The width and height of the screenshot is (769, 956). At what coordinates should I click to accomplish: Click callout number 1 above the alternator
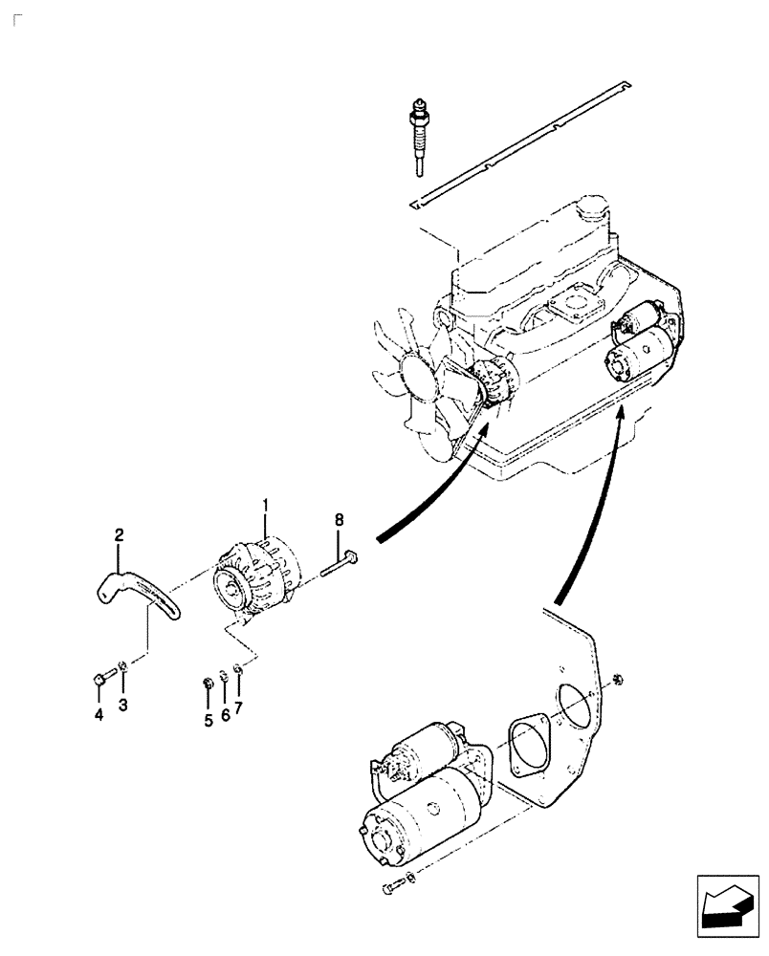tap(267, 502)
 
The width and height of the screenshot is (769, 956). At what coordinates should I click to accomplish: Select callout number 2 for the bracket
tap(120, 537)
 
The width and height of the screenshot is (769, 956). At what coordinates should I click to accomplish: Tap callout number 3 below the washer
tap(121, 706)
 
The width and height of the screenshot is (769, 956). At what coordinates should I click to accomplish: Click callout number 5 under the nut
tap(208, 720)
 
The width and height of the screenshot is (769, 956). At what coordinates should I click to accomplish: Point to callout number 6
tap(225, 715)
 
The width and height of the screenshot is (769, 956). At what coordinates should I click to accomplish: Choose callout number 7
tap(239, 708)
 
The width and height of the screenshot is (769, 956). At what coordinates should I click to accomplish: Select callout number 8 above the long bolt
tap(338, 521)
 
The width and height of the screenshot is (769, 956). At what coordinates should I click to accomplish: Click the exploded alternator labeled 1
tap(256, 579)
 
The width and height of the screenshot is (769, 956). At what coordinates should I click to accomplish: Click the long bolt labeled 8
tap(341, 563)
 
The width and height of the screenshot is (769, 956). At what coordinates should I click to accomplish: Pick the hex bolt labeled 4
tap(102, 680)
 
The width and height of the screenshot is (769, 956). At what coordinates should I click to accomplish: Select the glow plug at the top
tap(419, 134)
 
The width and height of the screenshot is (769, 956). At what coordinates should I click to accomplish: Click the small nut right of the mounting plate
tap(617, 678)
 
